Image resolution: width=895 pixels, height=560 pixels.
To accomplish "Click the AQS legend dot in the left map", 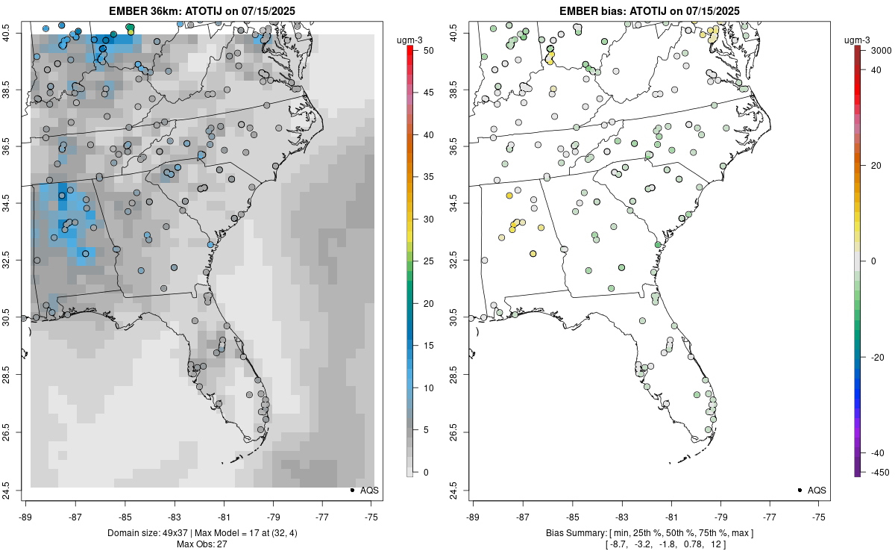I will tap(351, 490).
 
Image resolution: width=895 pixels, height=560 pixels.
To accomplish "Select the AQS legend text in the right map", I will tap(817, 490).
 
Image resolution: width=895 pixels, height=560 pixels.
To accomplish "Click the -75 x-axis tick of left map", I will tap(372, 516).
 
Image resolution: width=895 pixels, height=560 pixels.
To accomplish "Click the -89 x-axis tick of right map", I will tap(474, 516).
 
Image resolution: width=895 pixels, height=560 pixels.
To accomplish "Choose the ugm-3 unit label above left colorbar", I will tap(410, 39).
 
